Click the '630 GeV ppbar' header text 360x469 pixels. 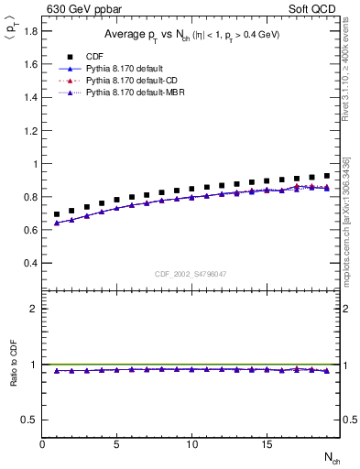[81, 10]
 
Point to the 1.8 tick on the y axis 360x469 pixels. [31, 31]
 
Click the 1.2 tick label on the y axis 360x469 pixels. [31, 131]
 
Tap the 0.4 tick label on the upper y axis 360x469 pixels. [31, 263]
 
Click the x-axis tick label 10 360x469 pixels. [191, 443]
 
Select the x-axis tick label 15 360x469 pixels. [267, 443]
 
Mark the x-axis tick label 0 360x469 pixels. [42, 443]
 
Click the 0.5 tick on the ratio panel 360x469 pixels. [31, 420]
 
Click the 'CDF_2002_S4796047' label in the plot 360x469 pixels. [191, 274]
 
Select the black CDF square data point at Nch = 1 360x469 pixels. [57, 214]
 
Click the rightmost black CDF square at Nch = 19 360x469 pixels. [327, 176]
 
